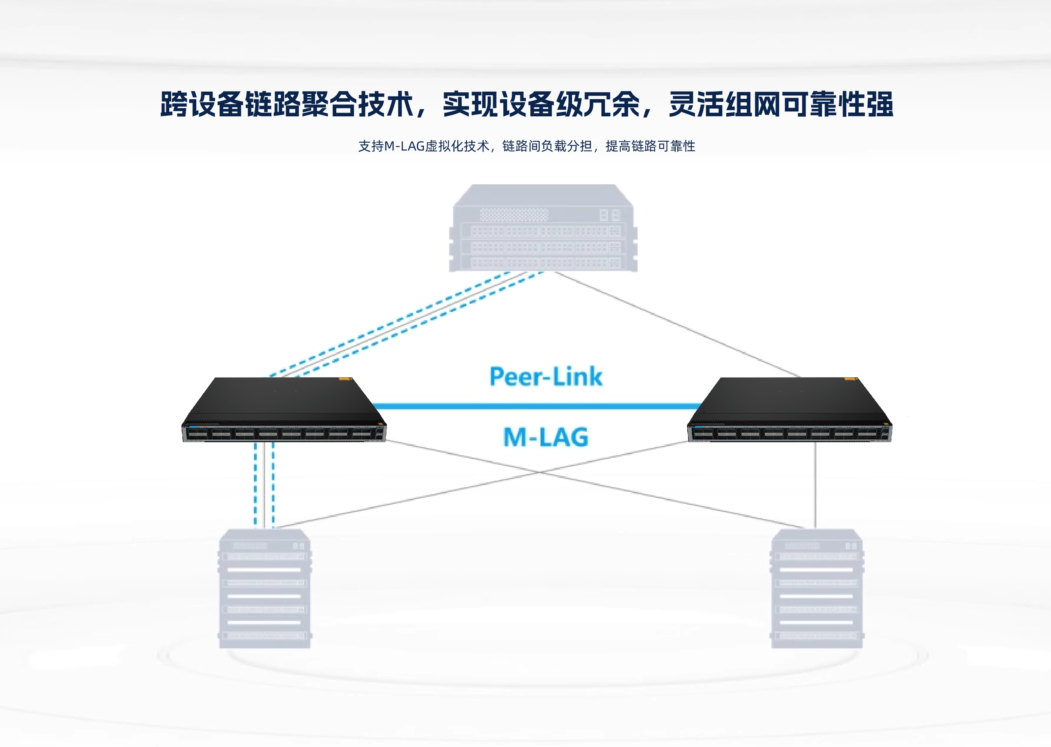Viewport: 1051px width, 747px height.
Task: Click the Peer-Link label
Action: pos(545,377)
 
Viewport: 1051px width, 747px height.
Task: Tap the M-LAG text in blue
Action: pos(545,437)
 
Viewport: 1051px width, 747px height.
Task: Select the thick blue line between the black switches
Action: pos(536,406)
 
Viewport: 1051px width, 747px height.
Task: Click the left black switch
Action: pos(284,410)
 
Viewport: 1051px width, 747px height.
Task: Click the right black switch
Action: pos(789,410)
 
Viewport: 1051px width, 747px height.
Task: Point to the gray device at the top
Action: pos(543,228)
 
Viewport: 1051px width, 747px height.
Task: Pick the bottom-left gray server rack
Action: pos(265,588)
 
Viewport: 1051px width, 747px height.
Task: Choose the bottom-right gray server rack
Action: pos(816,588)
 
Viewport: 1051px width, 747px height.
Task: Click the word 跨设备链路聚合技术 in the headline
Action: pos(286,104)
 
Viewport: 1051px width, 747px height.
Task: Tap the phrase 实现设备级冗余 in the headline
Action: pos(541,104)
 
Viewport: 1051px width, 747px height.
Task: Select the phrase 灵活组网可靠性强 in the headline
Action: pos(780,104)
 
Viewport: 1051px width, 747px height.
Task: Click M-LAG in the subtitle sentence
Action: pos(404,146)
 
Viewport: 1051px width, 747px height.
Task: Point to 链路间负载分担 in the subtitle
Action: pos(547,146)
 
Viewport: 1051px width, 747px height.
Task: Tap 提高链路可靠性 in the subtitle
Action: pos(650,146)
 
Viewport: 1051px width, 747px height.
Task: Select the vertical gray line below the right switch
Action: pos(815,485)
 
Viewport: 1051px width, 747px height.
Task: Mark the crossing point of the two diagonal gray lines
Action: pos(541,472)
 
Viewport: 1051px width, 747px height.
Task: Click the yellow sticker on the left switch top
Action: pos(345,380)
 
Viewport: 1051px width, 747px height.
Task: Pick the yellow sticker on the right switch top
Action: pos(851,380)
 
